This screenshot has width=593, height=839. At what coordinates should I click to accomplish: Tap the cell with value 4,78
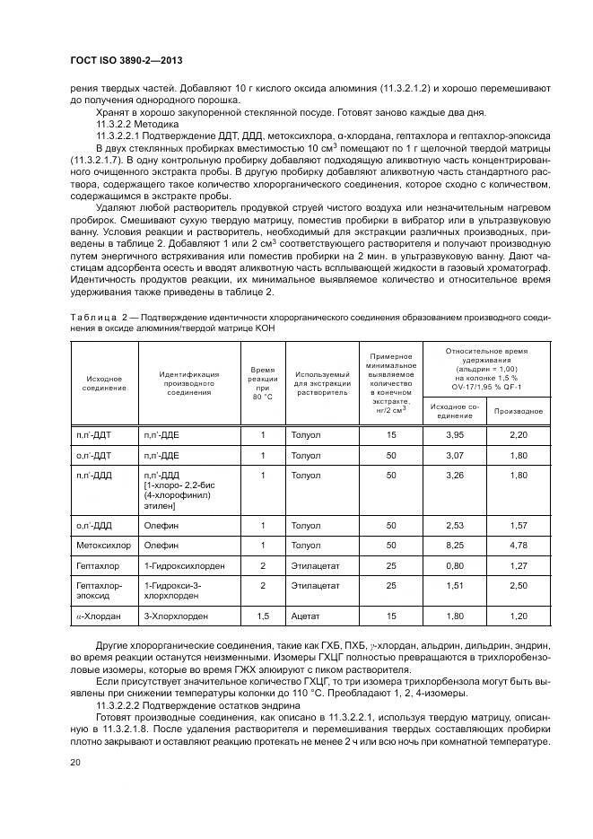click(519, 544)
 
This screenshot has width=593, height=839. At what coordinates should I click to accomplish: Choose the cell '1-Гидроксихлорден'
click(184, 566)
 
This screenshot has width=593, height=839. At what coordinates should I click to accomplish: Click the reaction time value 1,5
click(263, 616)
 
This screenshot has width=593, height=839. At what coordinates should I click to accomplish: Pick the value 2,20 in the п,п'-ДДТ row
click(519, 434)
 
